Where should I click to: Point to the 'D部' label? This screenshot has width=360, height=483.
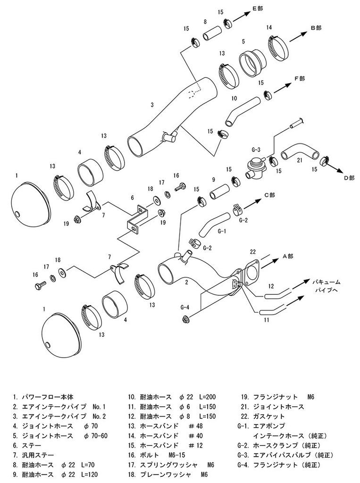349,178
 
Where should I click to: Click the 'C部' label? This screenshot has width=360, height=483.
269,194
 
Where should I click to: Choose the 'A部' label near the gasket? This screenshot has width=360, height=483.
288,256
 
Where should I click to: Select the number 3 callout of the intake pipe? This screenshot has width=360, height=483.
152,104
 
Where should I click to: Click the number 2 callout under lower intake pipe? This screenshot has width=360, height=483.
187,283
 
